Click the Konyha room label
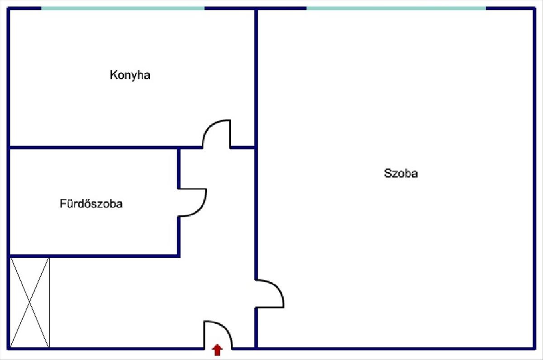click(130, 75)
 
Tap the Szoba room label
click(400, 173)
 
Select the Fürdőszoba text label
click(91, 204)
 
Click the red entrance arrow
click(218, 350)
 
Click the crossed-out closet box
click(29, 303)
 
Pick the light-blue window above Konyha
click(123, 8)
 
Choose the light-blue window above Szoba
click(396, 8)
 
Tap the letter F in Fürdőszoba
click(62, 204)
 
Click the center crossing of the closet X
click(29, 303)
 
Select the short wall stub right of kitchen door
click(243, 147)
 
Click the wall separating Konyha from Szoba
click(256, 77)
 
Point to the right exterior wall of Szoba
click(534, 181)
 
